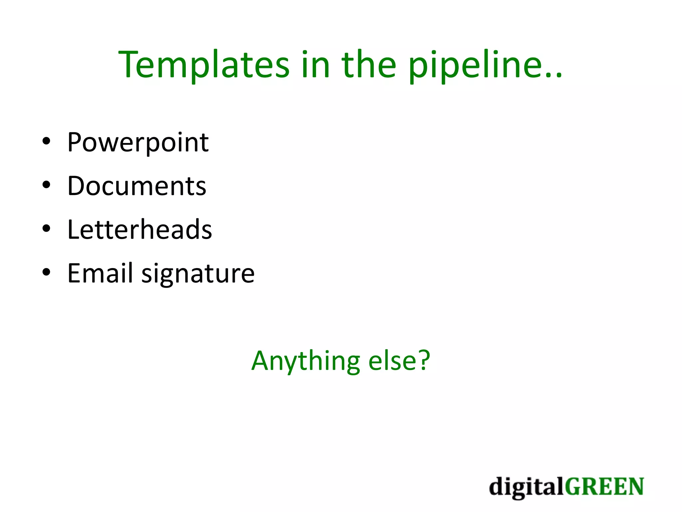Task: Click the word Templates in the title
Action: pos(204,65)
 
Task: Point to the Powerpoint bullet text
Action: pos(138,143)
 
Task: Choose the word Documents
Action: pos(137,186)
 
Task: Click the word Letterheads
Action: pos(140,230)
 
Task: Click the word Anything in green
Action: pos(305,361)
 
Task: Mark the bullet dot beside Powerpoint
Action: pos(46,141)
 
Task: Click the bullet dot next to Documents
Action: pos(46,185)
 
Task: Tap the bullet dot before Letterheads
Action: pos(46,229)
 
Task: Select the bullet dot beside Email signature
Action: pos(46,272)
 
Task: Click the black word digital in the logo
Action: pos(526,487)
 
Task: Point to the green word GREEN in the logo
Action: pos(604,487)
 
